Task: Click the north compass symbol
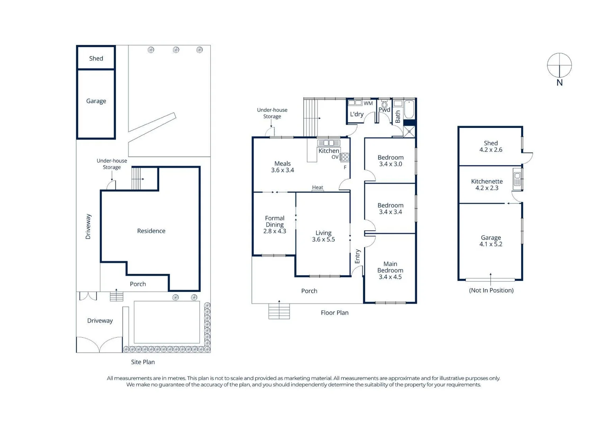click(559, 66)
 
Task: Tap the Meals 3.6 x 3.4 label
click(282, 167)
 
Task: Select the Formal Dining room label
click(275, 224)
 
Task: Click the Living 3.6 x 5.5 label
click(323, 236)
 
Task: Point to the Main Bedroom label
click(390, 270)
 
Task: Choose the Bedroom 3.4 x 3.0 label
click(390, 160)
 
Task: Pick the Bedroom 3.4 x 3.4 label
click(390, 209)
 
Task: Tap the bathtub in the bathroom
click(409, 109)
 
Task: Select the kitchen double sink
click(328, 143)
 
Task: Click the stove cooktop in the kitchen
click(345, 157)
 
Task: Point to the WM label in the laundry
click(368, 103)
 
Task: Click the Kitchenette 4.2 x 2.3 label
click(487, 185)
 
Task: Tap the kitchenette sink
click(517, 179)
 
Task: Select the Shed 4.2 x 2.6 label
click(491, 146)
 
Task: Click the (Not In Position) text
click(491, 290)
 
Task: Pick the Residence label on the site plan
click(151, 231)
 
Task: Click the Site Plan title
click(143, 362)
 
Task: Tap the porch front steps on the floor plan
click(279, 311)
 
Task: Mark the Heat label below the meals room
click(317, 187)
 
